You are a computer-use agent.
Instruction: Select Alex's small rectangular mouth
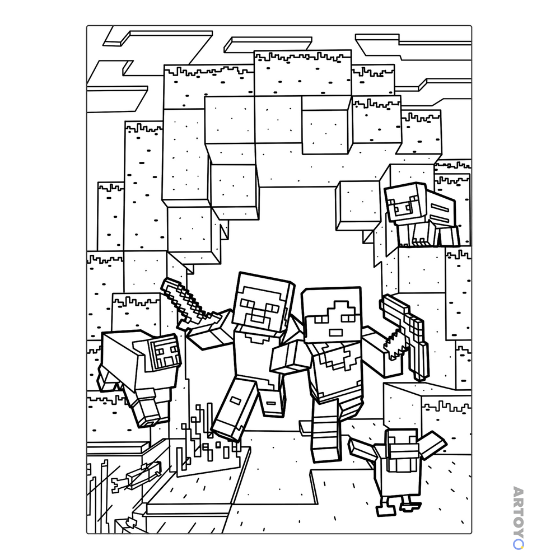click(x=336, y=333)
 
